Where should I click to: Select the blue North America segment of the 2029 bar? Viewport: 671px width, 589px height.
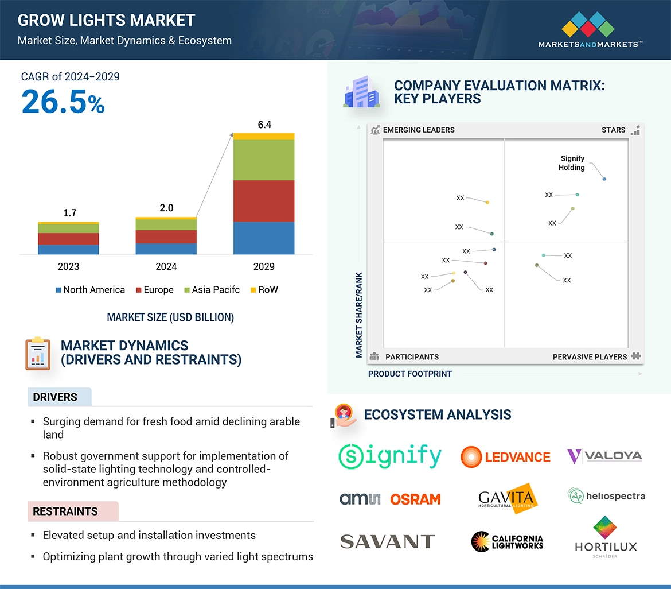tap(264, 238)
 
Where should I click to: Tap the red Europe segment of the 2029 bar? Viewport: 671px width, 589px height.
tap(264, 201)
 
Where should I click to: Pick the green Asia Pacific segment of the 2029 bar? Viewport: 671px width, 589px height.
tap(264, 160)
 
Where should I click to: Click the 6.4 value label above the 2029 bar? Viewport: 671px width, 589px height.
tap(264, 124)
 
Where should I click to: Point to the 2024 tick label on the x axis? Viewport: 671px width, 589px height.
tap(166, 266)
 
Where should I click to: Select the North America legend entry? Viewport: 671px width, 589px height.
tap(90, 290)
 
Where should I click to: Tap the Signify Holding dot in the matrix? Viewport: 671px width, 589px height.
tap(604, 179)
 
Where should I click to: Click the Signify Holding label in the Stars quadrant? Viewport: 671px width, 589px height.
tap(572, 163)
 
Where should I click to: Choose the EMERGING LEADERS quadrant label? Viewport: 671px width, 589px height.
tap(418, 130)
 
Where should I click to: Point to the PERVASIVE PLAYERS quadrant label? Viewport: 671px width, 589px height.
tap(590, 357)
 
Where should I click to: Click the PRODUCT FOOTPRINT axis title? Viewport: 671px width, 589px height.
tap(409, 374)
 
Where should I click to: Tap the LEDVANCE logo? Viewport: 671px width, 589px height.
tap(505, 457)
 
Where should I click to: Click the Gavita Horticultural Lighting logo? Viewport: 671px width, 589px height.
tap(508, 497)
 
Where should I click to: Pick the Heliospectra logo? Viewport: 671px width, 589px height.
tap(606, 496)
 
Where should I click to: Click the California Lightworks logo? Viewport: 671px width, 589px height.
tap(507, 541)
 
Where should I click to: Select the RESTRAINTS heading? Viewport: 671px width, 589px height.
tap(65, 511)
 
